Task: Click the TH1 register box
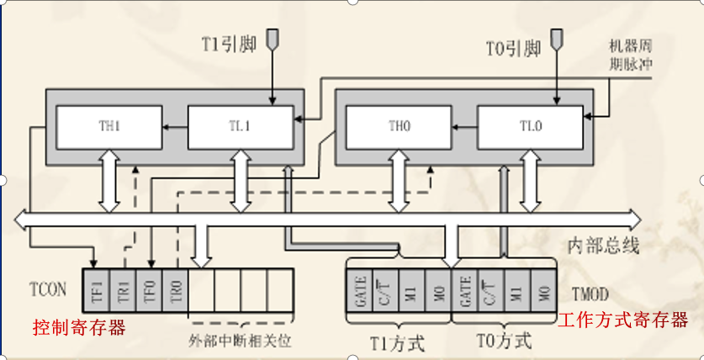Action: click(109, 127)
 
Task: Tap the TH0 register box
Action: click(399, 127)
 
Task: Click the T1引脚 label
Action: click(225, 44)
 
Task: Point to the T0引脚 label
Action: click(514, 48)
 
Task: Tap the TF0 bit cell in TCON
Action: click(148, 290)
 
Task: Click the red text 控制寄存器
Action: click(79, 327)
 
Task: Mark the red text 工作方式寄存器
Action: click(623, 320)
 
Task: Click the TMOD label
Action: click(589, 294)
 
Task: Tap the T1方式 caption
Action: click(398, 341)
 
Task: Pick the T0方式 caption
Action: click(505, 341)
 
